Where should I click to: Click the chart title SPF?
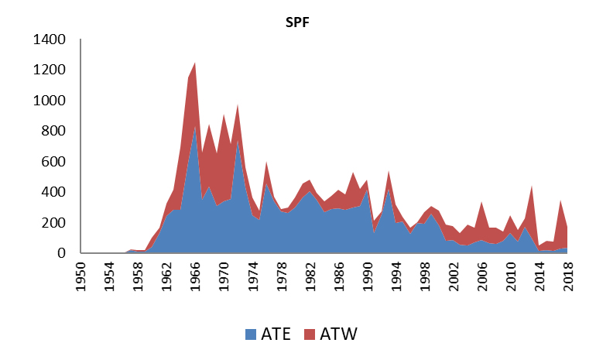[298, 21]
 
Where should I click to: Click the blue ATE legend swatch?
[250, 334]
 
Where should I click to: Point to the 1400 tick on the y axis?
[50, 39]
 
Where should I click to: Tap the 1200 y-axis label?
[50, 70]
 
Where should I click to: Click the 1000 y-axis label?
[50, 101]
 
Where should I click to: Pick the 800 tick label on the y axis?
[54, 131]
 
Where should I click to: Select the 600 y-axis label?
[54, 162]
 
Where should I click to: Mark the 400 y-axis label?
[54, 192]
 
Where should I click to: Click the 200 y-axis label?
[54, 223]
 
